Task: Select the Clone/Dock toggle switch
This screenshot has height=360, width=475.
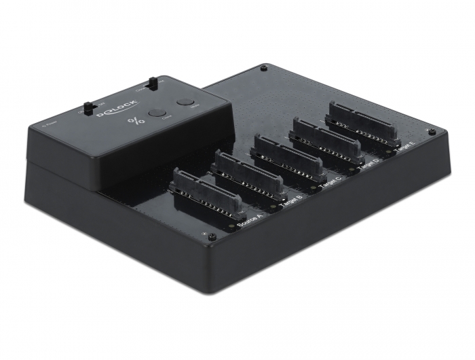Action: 153,84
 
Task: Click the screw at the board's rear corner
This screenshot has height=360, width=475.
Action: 263,69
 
